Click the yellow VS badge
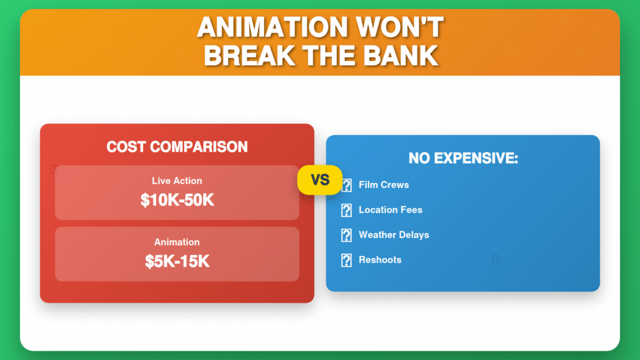(x=319, y=180)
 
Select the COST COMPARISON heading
(x=177, y=147)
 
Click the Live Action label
(x=177, y=181)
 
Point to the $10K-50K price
(x=177, y=200)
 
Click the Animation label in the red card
(x=177, y=242)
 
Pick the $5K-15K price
(x=177, y=262)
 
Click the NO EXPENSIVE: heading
(x=463, y=158)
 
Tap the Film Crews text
(x=383, y=185)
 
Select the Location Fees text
(x=390, y=210)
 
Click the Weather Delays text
(x=393, y=235)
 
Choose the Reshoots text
(x=380, y=260)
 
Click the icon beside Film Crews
(x=347, y=185)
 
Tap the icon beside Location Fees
(x=347, y=210)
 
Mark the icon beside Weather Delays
(x=347, y=235)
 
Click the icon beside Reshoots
(x=347, y=260)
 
